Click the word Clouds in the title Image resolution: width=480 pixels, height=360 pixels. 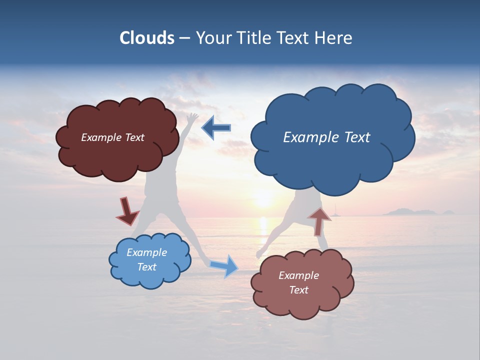pos(147,38)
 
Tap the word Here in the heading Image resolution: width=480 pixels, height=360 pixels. pos(334,38)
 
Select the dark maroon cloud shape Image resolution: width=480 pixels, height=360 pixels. pos(117,150)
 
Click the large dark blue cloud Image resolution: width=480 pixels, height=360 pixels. pos(332,160)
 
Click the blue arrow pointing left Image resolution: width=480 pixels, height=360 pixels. pos(216,128)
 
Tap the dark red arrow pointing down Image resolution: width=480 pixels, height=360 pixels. pos(127,211)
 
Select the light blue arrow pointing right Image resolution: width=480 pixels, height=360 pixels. pos(224,266)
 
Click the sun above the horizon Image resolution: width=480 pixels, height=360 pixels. pos(263,200)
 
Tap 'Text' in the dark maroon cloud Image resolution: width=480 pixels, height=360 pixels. pos(133,137)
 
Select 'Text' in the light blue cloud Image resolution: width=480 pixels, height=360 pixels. pos(147,267)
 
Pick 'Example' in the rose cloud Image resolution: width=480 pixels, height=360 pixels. pos(298,275)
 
